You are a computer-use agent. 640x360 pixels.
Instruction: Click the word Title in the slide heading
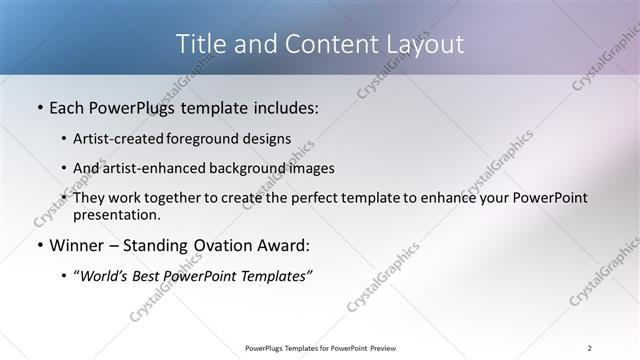point(201,44)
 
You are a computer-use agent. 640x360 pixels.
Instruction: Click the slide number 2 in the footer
point(590,348)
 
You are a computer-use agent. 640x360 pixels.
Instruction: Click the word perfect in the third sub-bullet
point(320,198)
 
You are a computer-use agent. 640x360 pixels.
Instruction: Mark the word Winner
point(78,244)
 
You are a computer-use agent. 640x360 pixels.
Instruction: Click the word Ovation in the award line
point(220,244)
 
